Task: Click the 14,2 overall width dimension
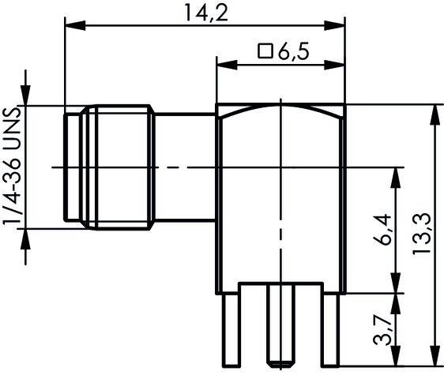[x=205, y=13]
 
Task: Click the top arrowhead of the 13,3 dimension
[x=432, y=111]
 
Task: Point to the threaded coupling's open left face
[x=66, y=167]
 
